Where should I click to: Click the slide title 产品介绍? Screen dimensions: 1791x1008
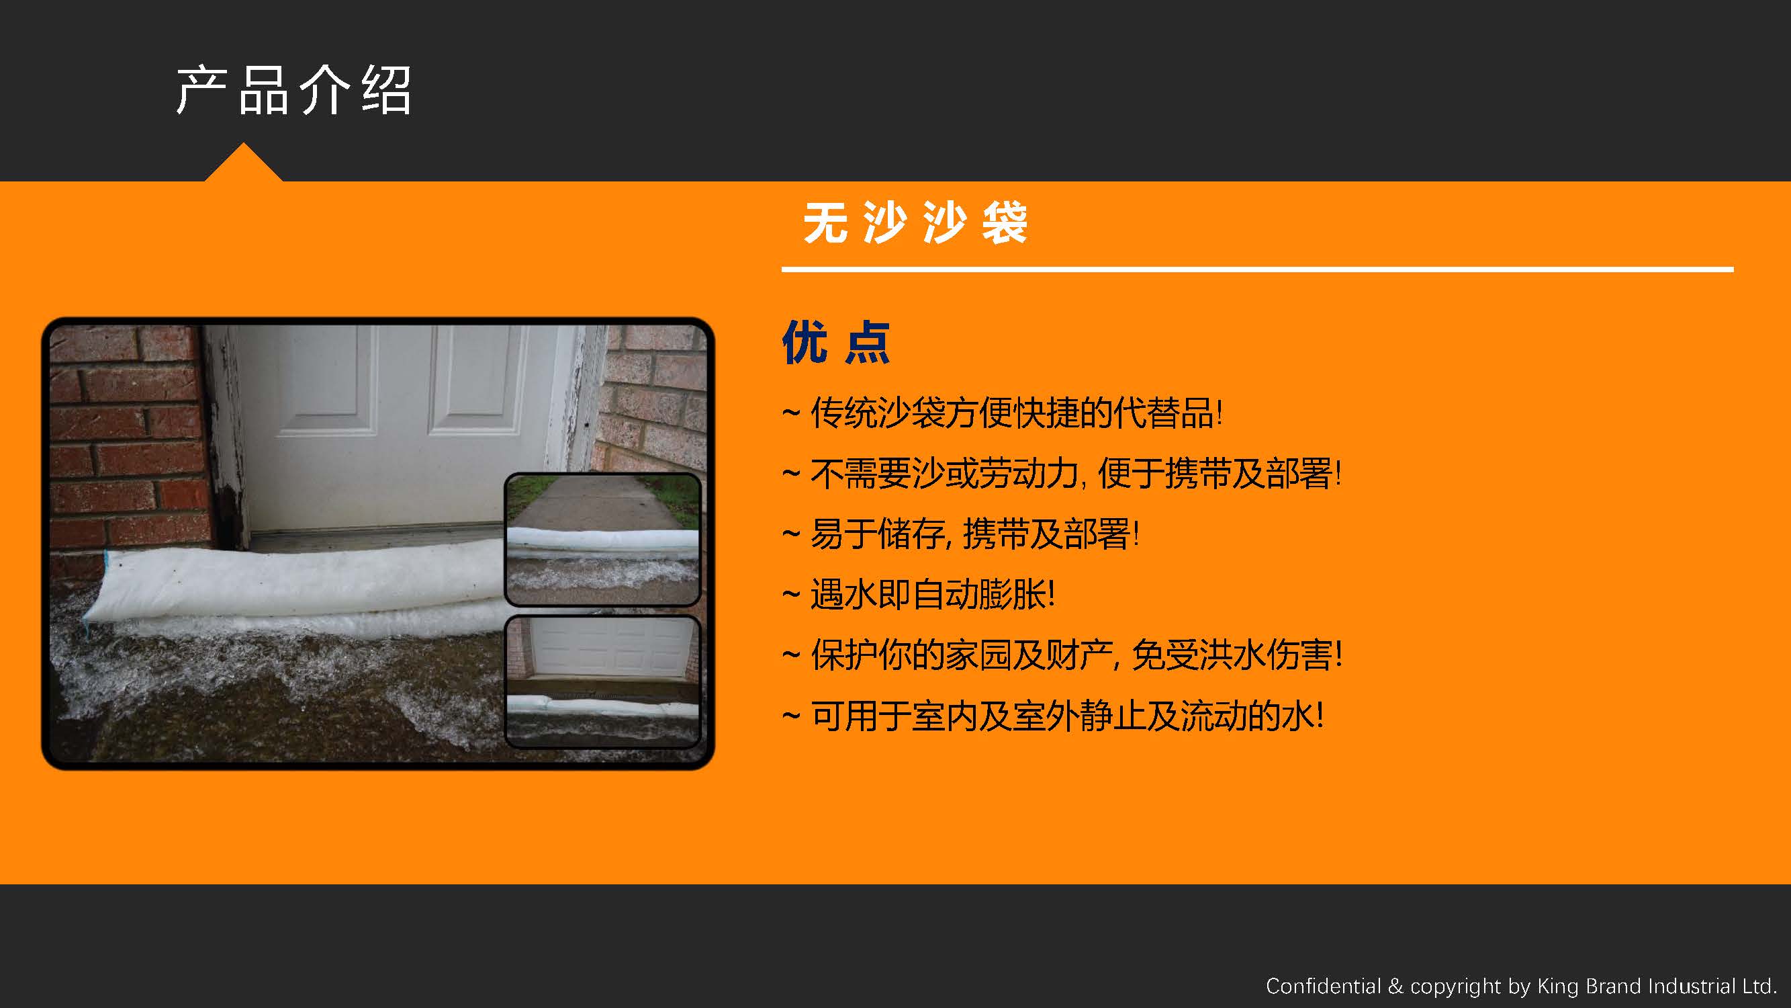(x=293, y=91)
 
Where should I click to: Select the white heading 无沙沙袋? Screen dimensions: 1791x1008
(x=915, y=222)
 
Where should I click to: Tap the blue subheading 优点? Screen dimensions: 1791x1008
(x=835, y=342)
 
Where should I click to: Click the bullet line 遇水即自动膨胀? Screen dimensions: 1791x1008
(x=919, y=595)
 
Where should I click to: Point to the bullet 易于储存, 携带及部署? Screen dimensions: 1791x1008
(x=960, y=534)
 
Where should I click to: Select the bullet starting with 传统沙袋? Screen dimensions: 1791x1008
(x=1002, y=413)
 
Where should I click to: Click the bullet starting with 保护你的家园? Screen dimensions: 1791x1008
(x=1062, y=655)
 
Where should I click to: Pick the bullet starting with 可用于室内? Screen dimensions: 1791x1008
(x=1052, y=716)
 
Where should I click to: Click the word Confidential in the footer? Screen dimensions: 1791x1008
(x=1323, y=986)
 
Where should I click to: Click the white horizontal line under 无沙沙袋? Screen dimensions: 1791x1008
(x=1257, y=269)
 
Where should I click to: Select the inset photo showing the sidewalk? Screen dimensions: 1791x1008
(x=602, y=539)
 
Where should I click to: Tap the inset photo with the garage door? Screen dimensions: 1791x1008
(x=602, y=681)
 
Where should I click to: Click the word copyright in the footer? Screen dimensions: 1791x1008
(x=1455, y=987)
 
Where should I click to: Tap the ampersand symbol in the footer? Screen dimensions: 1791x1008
(x=1395, y=986)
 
